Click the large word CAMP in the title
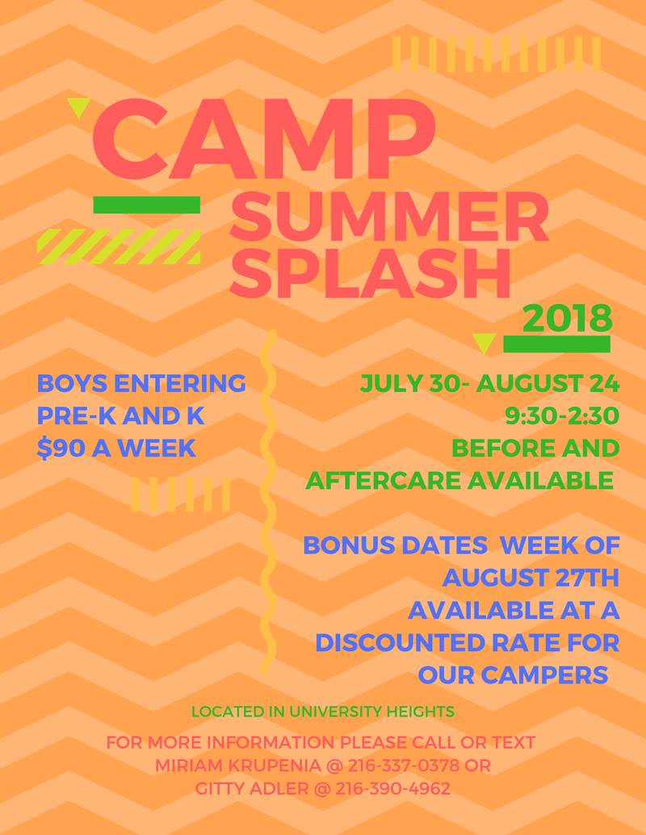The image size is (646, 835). pos(264,140)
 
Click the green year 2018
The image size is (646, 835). pos(568,318)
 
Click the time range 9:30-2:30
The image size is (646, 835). pos(562,416)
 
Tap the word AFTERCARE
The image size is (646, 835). pos(384,480)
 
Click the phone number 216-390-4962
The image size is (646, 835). pos(392,788)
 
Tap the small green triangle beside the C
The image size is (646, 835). pos(78,107)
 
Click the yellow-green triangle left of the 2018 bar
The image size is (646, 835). pos(484,343)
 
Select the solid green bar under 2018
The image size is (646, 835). pos(557,344)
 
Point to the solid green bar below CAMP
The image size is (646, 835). pos(147,205)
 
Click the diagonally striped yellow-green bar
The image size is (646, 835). pos(119,247)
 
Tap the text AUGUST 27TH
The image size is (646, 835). pos(531,578)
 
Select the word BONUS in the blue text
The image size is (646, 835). pos(349,545)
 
